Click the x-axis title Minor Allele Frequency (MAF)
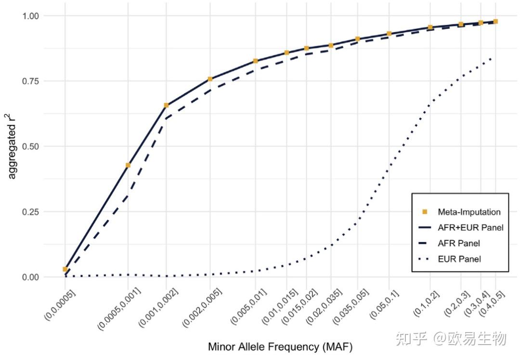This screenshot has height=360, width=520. click(280, 347)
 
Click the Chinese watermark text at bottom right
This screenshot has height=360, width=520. click(450, 339)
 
